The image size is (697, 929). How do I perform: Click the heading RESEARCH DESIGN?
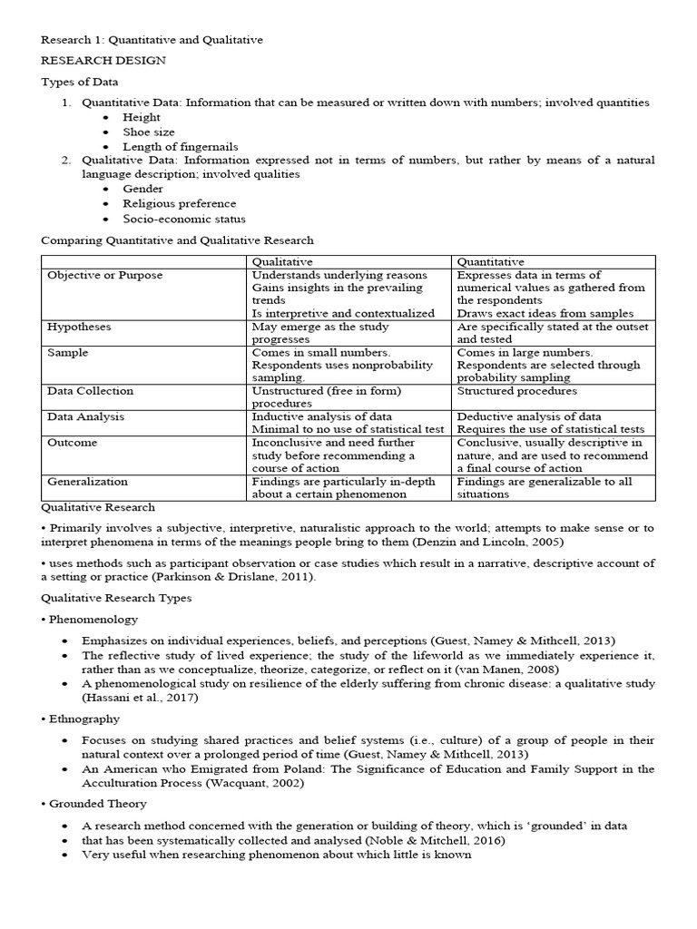coord(103,60)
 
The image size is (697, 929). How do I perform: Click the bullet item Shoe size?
coord(150,132)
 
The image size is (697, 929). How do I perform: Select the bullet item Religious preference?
coord(180,204)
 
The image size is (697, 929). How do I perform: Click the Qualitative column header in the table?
coord(281,262)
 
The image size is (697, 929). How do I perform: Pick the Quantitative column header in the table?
coord(491,262)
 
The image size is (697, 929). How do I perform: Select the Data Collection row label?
coord(90,391)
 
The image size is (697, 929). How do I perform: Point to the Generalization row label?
coord(87,482)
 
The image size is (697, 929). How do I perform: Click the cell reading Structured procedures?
coord(516,391)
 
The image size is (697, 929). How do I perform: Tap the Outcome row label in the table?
coord(72,443)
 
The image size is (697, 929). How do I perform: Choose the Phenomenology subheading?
coord(90,620)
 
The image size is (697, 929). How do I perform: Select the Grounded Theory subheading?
coord(93,804)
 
